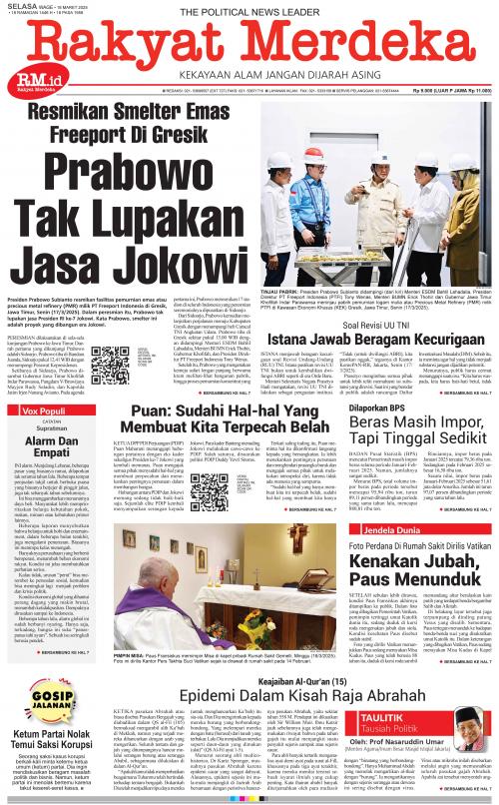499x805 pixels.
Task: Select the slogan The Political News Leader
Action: coord(249,10)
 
